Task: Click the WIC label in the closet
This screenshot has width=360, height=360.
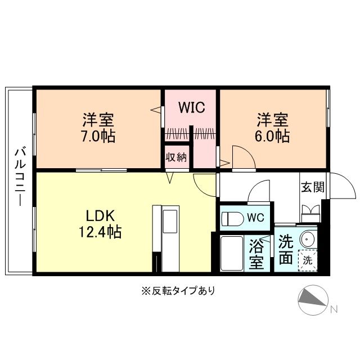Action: (x=191, y=107)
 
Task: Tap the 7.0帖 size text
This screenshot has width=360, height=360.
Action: (x=99, y=137)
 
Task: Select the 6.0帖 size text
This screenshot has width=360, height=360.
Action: (x=273, y=137)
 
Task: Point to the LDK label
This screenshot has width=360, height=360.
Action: (x=101, y=215)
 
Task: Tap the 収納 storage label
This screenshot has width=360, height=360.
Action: (x=175, y=156)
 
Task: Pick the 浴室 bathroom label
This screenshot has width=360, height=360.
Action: (x=257, y=254)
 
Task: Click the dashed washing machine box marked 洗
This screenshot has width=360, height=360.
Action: (x=308, y=260)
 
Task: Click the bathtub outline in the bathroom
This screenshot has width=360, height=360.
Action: (x=231, y=253)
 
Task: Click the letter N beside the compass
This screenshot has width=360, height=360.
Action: (x=334, y=309)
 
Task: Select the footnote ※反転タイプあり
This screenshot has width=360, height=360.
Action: (x=178, y=291)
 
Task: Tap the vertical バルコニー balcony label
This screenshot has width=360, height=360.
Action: (x=20, y=175)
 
